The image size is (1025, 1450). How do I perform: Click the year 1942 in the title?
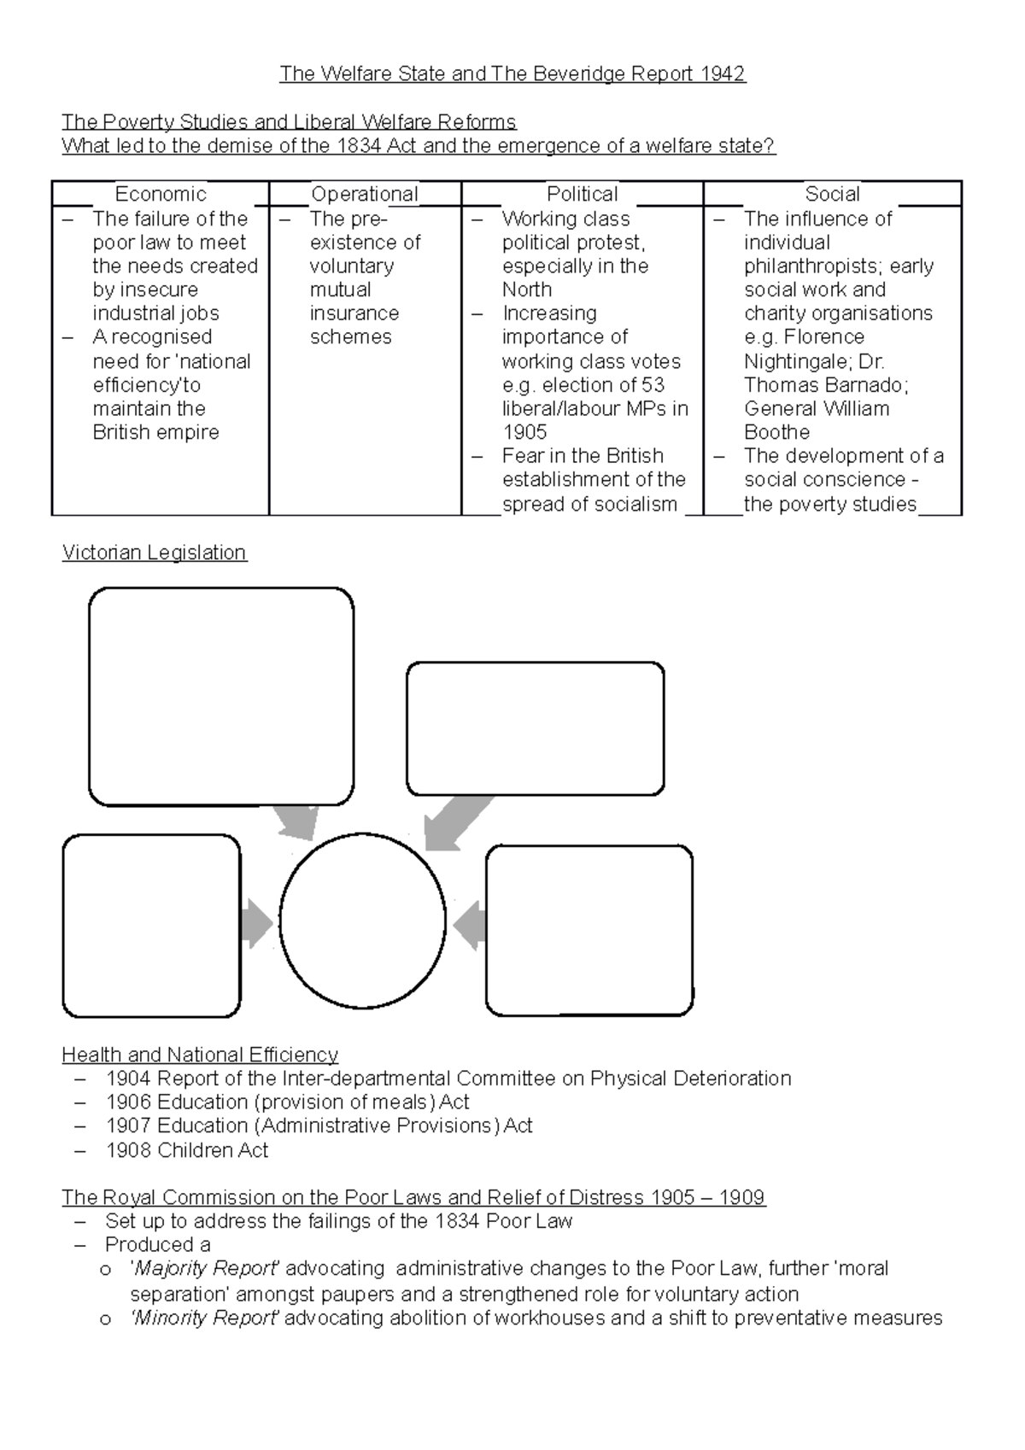click(x=723, y=74)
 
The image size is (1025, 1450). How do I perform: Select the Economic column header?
click(x=161, y=194)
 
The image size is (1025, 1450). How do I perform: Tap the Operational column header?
click(x=365, y=194)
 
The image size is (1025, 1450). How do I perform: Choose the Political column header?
click(x=582, y=194)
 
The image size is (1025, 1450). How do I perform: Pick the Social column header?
click(x=832, y=194)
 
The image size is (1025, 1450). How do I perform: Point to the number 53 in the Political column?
click(x=653, y=384)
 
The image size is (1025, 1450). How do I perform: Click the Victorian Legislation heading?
click(x=155, y=553)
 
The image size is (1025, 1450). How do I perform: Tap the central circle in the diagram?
click(x=362, y=921)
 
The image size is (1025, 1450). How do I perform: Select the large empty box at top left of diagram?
click(x=221, y=696)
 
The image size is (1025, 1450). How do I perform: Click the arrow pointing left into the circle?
click(x=470, y=925)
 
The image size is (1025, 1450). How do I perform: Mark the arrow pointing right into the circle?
click(x=256, y=923)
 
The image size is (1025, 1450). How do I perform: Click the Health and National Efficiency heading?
click(x=200, y=1055)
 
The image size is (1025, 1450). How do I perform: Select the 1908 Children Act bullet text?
click(x=187, y=1150)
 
